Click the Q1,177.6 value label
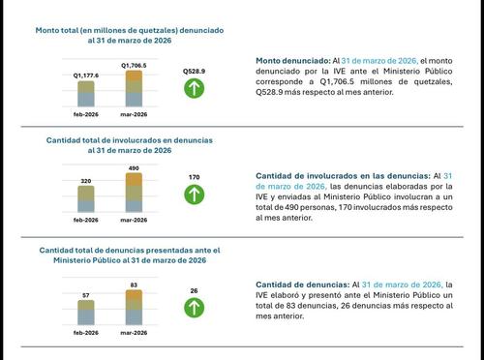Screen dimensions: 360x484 click(87, 74)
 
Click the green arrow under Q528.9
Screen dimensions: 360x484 click(195, 90)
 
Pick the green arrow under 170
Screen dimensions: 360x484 click(195, 195)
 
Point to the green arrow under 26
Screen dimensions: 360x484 click(195, 308)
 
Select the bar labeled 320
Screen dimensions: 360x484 click(86, 199)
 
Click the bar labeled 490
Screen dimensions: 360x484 click(134, 193)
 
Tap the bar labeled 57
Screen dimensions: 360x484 click(86, 312)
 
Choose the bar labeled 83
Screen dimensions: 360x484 click(134, 307)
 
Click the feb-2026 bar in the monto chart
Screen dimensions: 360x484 click(86, 93)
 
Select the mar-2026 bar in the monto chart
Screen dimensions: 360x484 click(134, 88)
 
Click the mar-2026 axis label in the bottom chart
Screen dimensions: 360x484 click(134, 332)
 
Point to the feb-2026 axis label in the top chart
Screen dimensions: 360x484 click(86, 114)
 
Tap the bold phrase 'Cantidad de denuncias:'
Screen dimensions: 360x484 click(302, 285)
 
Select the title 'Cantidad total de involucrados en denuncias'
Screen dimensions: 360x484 click(130, 139)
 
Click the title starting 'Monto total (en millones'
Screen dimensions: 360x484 click(129, 31)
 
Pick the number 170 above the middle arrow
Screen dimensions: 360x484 click(195, 177)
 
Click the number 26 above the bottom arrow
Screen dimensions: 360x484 click(195, 290)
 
